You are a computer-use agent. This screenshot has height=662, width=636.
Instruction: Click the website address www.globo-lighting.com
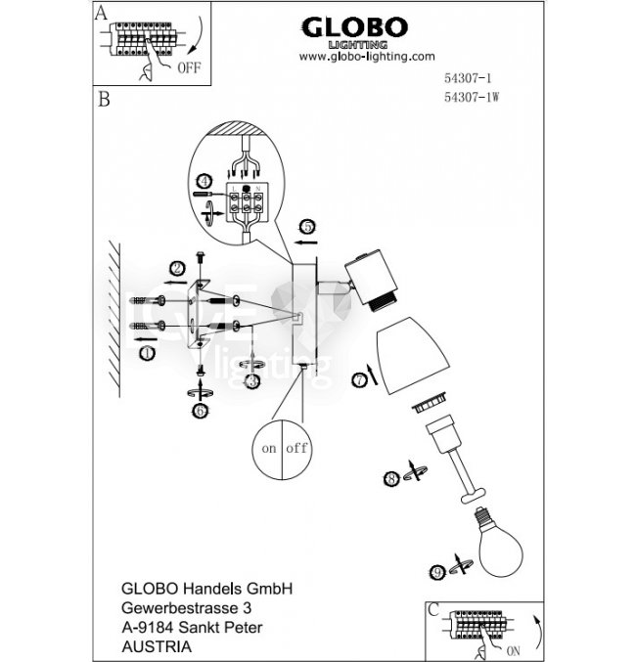tap(366, 57)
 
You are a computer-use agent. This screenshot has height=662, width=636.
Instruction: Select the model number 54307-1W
tap(478, 97)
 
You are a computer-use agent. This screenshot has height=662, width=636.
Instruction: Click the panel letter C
tap(433, 608)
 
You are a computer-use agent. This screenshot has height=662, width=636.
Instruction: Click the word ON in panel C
tap(515, 646)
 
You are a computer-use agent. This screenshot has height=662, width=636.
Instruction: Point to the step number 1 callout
tap(146, 353)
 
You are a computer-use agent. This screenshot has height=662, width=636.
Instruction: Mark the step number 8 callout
tap(391, 478)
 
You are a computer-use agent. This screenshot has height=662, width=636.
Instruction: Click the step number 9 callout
tap(437, 571)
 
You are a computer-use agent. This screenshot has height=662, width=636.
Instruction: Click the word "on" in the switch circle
tap(267, 449)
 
